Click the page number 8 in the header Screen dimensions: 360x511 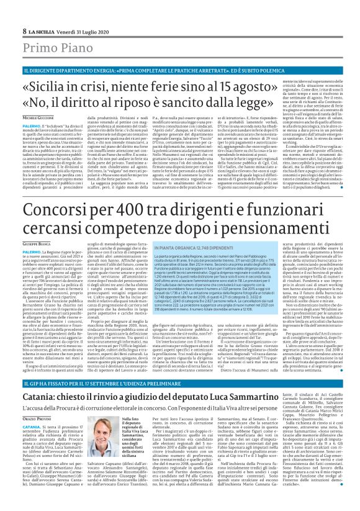pos(24,30)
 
